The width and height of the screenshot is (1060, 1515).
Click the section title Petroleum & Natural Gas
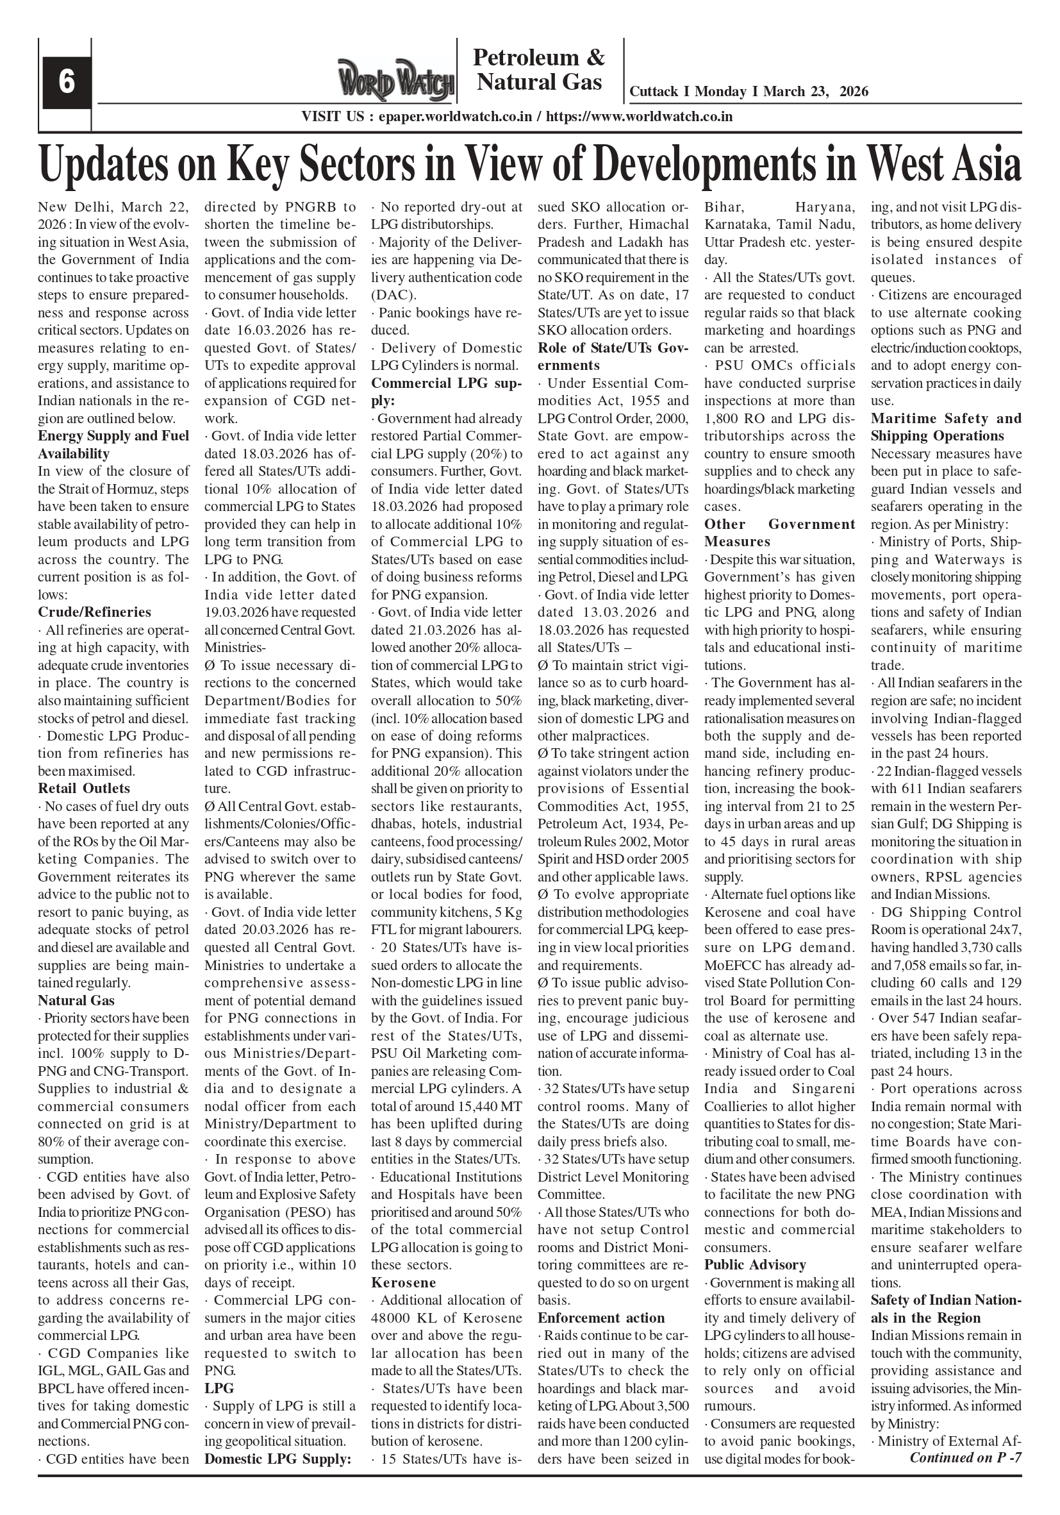(x=539, y=70)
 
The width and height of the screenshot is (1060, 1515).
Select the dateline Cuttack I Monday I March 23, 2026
(x=749, y=92)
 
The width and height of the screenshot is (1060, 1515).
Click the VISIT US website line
(x=517, y=117)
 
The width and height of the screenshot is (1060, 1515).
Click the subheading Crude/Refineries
(x=94, y=612)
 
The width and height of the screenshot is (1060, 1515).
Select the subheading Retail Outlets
(x=84, y=788)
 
